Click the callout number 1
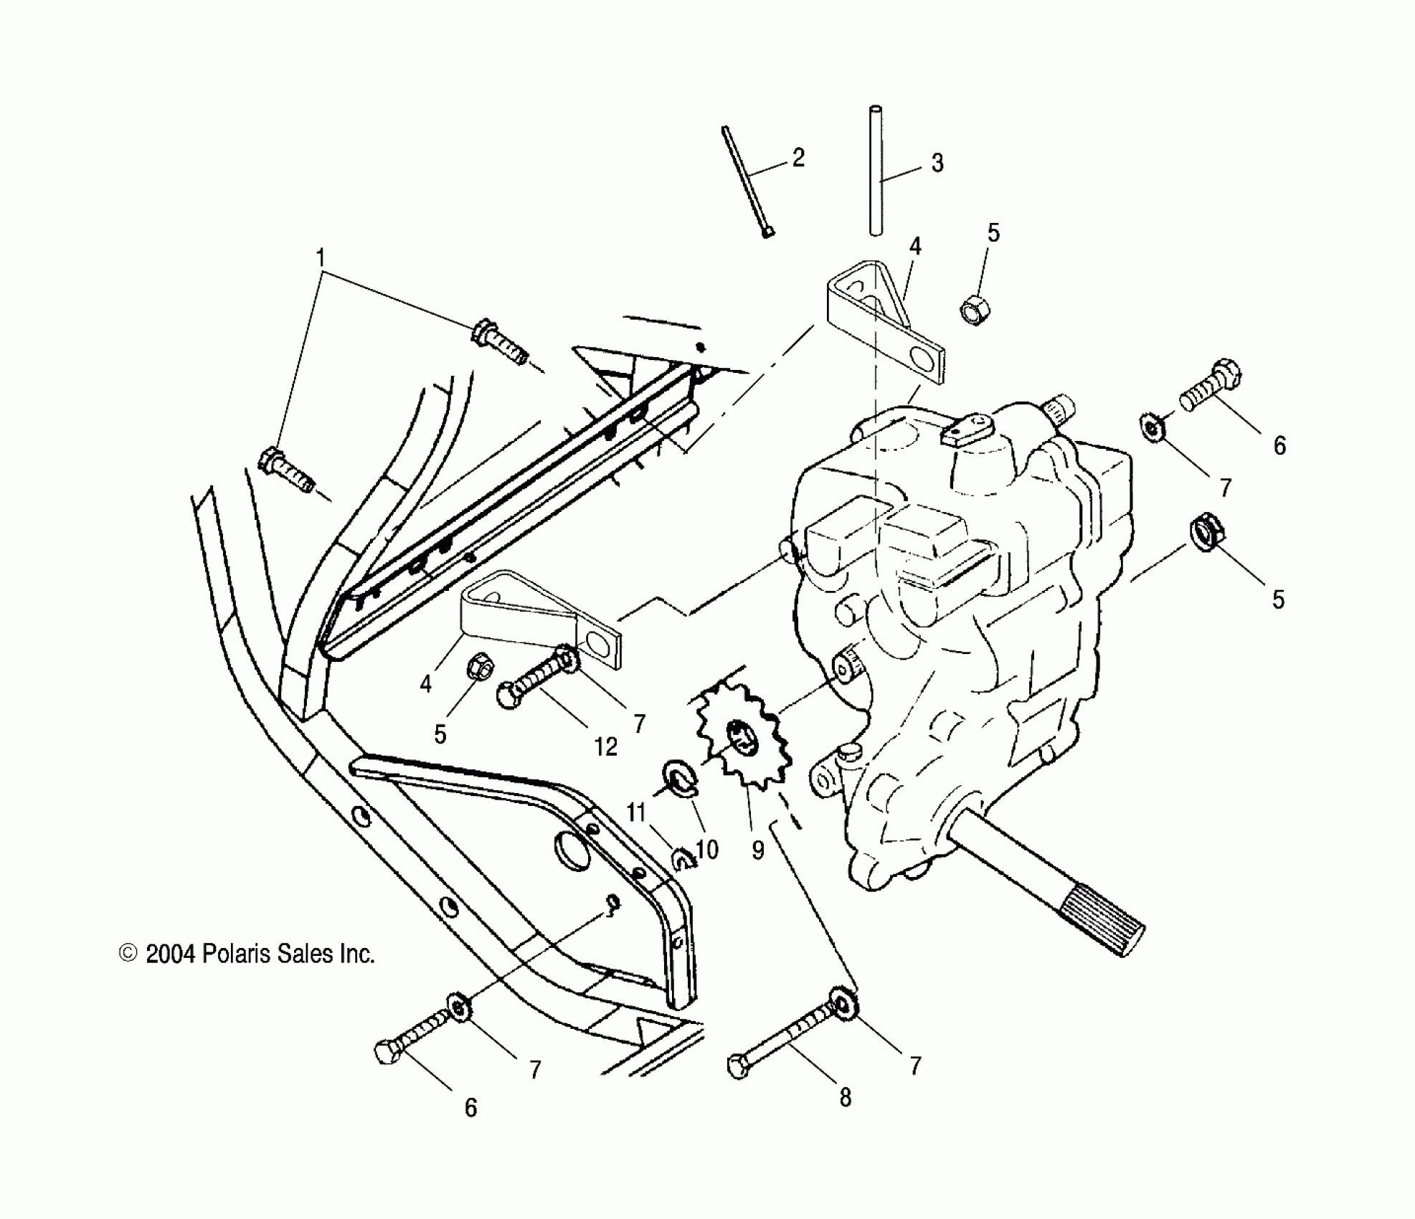coord(321,257)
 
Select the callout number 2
coord(798,157)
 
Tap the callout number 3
coord(937,163)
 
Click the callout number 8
coord(846,1098)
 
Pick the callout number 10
coord(707,850)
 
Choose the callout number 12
coord(606,747)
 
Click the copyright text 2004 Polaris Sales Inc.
coord(247,954)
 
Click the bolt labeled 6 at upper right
coord(1212,385)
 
